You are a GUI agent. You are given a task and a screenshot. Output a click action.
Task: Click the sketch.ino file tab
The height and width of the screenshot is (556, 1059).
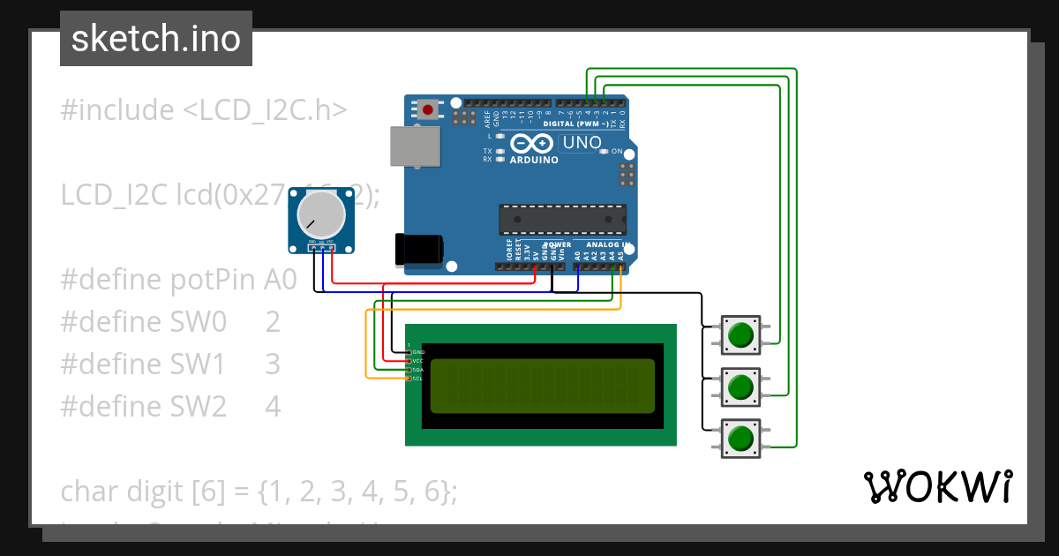point(155,39)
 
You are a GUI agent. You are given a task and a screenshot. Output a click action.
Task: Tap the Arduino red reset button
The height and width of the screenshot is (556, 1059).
point(429,110)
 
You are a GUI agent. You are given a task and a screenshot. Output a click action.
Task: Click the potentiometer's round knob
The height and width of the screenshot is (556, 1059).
point(320,215)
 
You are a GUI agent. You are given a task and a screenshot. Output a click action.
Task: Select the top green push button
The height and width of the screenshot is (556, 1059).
point(740,334)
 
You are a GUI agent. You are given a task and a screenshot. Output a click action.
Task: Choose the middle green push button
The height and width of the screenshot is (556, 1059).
point(740,386)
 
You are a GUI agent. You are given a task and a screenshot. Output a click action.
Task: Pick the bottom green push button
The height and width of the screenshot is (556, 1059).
point(740,438)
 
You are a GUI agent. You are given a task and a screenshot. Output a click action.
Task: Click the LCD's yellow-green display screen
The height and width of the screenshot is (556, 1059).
point(542,386)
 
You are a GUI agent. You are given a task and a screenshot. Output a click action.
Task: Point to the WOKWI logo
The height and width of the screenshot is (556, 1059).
point(937,486)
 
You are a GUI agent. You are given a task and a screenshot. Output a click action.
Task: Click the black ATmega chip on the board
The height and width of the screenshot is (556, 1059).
point(562,220)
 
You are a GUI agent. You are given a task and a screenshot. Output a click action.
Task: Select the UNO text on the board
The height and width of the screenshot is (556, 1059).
point(582,143)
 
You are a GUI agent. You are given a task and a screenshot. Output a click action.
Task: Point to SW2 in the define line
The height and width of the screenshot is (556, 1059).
point(203,407)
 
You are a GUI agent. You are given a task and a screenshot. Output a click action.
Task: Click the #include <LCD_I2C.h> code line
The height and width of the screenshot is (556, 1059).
point(204,110)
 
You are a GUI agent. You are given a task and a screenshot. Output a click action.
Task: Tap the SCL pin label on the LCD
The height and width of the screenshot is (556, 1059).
point(417,379)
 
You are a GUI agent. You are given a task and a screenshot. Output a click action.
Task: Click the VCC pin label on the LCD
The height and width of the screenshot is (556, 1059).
point(417,361)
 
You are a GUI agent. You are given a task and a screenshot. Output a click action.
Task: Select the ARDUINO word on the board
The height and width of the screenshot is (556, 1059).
point(534,161)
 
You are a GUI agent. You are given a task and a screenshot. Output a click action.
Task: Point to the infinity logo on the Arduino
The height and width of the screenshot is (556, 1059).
point(533,143)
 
